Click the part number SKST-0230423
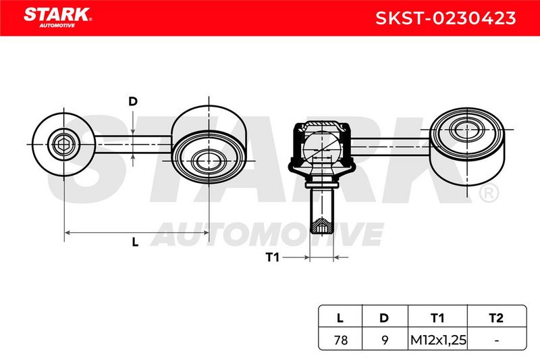(x=446, y=18)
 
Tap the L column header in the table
(x=340, y=317)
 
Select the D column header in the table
(x=384, y=317)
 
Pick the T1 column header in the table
(x=437, y=317)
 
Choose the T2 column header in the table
(x=496, y=317)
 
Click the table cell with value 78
(x=341, y=340)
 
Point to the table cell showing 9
(x=385, y=340)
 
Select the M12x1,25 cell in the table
(x=438, y=340)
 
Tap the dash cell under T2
(x=496, y=340)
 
